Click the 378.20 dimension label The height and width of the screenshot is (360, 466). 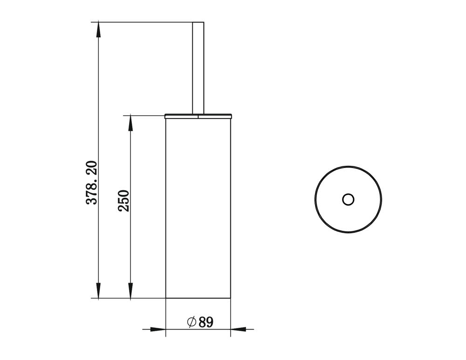[x=92, y=182]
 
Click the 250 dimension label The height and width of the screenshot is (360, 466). [x=123, y=201]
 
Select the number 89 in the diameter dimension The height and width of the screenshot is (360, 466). [x=206, y=322]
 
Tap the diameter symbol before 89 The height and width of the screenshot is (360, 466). [x=192, y=322]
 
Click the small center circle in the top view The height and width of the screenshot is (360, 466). [x=348, y=199]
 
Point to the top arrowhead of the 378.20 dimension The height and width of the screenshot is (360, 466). [x=98, y=30]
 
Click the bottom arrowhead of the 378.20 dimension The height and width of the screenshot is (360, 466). [x=98, y=290]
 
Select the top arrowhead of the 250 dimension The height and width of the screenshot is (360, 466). [x=130, y=123]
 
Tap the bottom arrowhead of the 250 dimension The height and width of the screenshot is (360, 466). [x=130, y=290]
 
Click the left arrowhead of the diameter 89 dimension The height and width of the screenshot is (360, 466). [x=158, y=329]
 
